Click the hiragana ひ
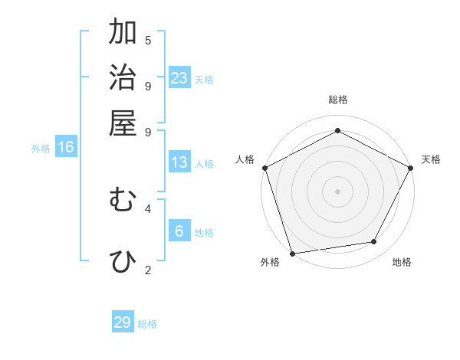coord(123,261)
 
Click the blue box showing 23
coord(179,78)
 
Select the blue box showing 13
coord(179,162)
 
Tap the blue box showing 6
coord(179,231)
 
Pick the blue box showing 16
coord(66,147)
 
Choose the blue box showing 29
coord(123,322)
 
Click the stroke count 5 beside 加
coord(148,40)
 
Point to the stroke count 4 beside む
coord(148,208)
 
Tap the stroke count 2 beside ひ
coord(148,270)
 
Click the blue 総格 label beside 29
coord(147,324)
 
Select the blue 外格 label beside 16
coord(41,149)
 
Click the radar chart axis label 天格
coord(431,159)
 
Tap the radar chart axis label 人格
coord(245,159)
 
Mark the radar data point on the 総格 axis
coord(337,130)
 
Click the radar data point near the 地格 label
coord(374,242)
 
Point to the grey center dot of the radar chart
coord(337,191)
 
